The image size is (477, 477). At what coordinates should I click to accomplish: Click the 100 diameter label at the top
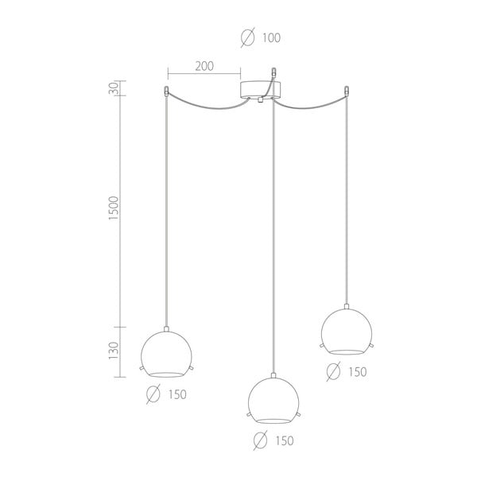[x=271, y=38]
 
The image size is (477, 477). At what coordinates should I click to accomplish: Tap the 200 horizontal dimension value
[x=204, y=66]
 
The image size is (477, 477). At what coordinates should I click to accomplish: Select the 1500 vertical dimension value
[x=114, y=208]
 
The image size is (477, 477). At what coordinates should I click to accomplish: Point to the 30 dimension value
[x=114, y=88]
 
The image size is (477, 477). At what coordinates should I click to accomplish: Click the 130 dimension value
[x=114, y=351]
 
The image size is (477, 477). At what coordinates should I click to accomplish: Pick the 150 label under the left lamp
[x=177, y=394]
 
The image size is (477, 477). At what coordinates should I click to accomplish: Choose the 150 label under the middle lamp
[x=285, y=440]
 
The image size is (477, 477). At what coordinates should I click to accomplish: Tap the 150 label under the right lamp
[x=358, y=372]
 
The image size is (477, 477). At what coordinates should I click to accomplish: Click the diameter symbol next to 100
[x=247, y=37]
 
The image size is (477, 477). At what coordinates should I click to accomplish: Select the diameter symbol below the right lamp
[x=333, y=371]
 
